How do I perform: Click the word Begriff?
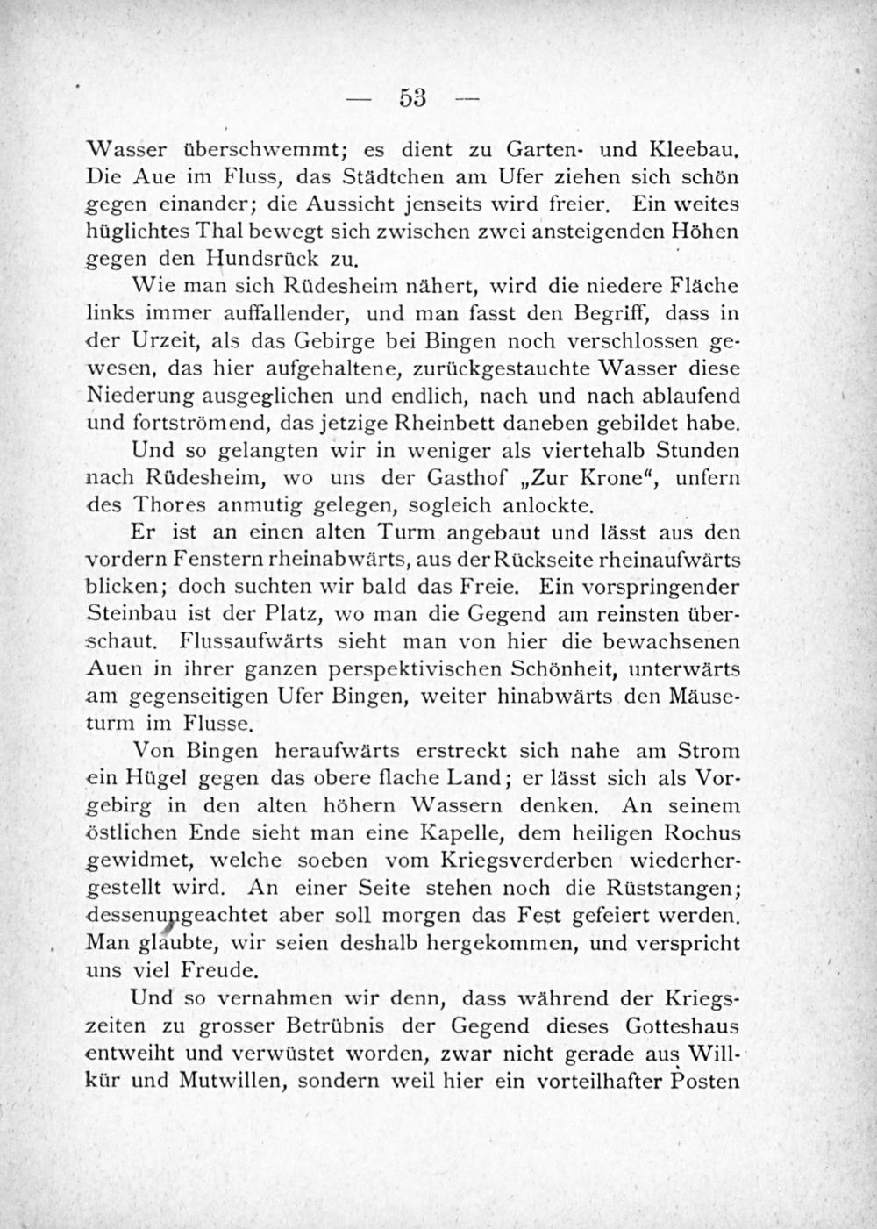pos(608,312)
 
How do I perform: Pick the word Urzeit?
pos(161,340)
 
